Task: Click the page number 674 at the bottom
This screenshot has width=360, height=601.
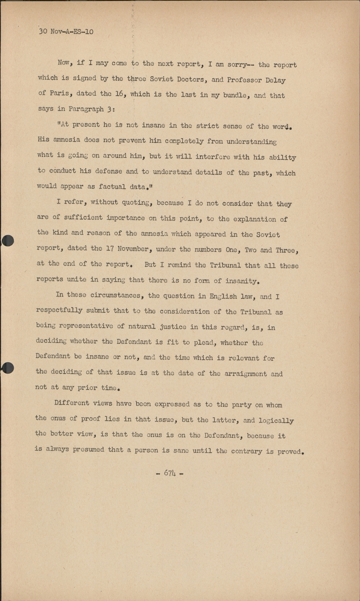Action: tap(170, 473)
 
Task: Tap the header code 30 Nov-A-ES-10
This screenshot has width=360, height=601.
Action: tap(66, 31)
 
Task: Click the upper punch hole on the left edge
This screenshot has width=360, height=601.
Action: tap(7, 240)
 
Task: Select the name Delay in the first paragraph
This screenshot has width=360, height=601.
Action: tap(275, 80)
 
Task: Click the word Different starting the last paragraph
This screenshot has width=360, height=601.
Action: tap(72, 403)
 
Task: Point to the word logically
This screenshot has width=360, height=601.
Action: tap(276, 421)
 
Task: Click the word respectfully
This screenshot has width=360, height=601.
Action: tap(59, 311)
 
